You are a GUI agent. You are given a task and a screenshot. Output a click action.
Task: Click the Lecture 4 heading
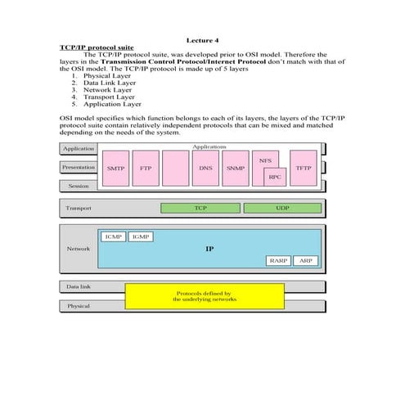pyautogui.click(x=202, y=40)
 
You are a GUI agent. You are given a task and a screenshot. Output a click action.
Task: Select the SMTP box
pyautogui.click(x=115, y=168)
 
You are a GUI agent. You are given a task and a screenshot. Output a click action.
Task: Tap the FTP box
pyautogui.click(x=146, y=168)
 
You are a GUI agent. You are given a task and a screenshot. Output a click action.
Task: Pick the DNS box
pyautogui.click(x=205, y=168)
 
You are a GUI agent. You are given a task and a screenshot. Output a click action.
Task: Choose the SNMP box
pyautogui.click(x=236, y=168)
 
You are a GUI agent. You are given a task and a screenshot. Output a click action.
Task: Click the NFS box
pyautogui.click(x=265, y=160)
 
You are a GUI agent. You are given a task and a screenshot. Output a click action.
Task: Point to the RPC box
pyautogui.click(x=275, y=176)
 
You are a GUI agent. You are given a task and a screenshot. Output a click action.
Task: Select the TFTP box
pyautogui.click(x=304, y=168)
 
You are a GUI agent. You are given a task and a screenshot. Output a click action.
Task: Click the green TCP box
pyautogui.click(x=200, y=209)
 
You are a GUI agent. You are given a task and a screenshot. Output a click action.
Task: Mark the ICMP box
pyautogui.click(x=113, y=236)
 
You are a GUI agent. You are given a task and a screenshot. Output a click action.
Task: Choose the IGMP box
pyautogui.click(x=141, y=236)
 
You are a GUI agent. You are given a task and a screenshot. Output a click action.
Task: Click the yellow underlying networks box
pyautogui.click(x=204, y=296)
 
